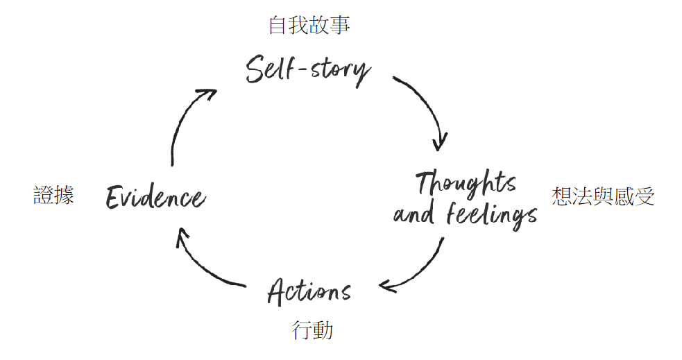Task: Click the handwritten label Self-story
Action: [308, 70]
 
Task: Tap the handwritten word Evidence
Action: [155, 198]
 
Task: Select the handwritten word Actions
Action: [309, 291]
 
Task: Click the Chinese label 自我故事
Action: [309, 26]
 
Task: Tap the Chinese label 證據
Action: [54, 196]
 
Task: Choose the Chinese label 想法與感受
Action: [603, 197]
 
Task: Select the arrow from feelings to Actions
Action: [423, 267]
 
